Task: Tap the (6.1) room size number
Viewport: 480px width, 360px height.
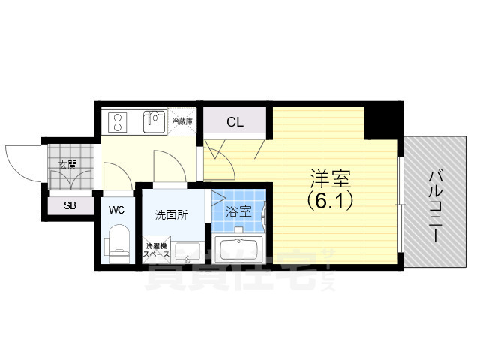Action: click(x=331, y=201)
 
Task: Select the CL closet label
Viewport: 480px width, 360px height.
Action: click(x=235, y=121)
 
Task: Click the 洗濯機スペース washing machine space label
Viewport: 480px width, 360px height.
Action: click(x=157, y=250)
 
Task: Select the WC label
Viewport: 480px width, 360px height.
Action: click(x=116, y=209)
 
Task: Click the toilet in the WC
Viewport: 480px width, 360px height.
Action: click(x=118, y=243)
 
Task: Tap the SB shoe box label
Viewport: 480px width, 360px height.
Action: click(x=69, y=205)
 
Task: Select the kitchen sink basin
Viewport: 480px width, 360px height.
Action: click(x=154, y=121)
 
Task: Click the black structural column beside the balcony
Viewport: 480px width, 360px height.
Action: click(x=382, y=121)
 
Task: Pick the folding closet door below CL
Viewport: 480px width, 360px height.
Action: click(x=232, y=150)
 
